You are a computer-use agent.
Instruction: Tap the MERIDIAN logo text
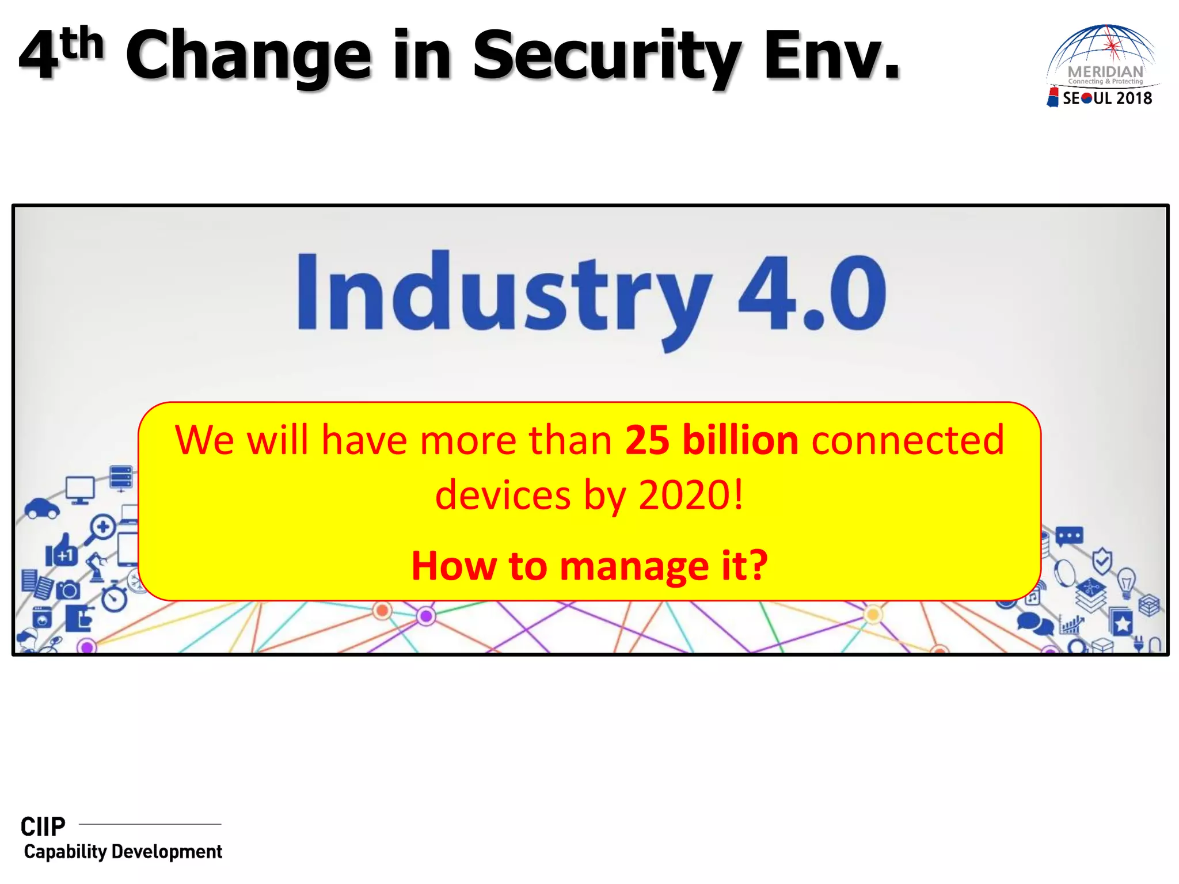coord(1105,72)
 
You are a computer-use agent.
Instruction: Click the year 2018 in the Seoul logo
coord(1134,98)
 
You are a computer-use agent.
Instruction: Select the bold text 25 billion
coord(712,440)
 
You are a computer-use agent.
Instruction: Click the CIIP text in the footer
coord(43,827)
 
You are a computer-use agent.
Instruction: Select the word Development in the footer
coord(166,852)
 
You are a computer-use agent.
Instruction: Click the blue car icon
coord(41,508)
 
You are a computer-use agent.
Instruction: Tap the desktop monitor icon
coord(80,490)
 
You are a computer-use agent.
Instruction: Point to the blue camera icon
coord(69,590)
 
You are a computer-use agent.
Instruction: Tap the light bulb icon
coord(1126,583)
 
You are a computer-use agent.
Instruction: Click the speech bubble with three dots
coord(1069,536)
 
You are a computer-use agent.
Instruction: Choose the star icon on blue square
coord(1122,623)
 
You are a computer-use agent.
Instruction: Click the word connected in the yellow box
coord(908,440)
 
